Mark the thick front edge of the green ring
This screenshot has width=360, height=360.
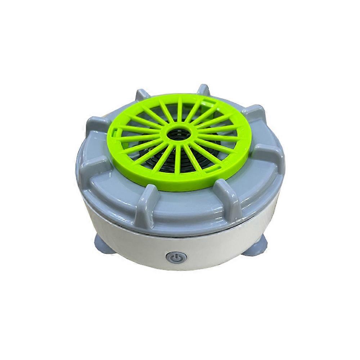[173, 187]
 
